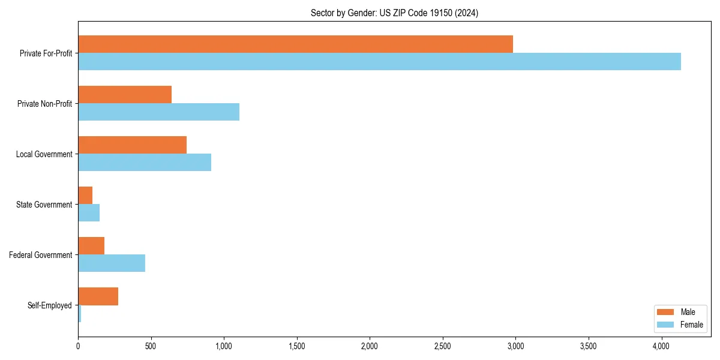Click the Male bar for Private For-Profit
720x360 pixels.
pyautogui.click(x=295, y=44)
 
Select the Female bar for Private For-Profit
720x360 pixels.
pyautogui.click(x=379, y=62)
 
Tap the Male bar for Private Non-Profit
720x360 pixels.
pyautogui.click(x=125, y=95)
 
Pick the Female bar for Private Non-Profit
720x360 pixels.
pyautogui.click(x=158, y=112)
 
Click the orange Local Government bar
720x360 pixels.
pyautogui.click(x=132, y=145)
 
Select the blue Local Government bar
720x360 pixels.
pyautogui.click(x=145, y=163)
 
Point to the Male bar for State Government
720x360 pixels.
pyautogui.click(x=85, y=196)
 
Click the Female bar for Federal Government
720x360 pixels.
pyautogui.click(x=112, y=263)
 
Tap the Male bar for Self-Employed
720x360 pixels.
pyautogui.click(x=98, y=296)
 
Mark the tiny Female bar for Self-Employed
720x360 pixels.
pyautogui.click(x=80, y=314)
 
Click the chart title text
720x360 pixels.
pyautogui.click(x=394, y=13)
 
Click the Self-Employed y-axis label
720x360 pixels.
pyautogui.click(x=49, y=305)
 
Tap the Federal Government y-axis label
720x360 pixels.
pyautogui.click(x=40, y=255)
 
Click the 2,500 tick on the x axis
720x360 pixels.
pyautogui.click(x=443, y=346)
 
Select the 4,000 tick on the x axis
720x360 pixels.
pyautogui.click(x=661, y=346)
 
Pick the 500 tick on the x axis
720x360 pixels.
pyautogui.click(x=151, y=346)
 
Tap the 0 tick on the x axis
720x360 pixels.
pyautogui.click(x=78, y=346)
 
